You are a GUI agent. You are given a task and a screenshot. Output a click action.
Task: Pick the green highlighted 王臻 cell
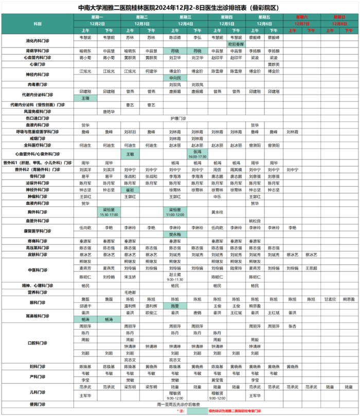tap(85, 98)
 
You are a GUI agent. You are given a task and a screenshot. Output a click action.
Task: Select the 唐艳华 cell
tap(109, 111)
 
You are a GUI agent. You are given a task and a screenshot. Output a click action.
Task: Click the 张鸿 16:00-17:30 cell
tap(200, 154)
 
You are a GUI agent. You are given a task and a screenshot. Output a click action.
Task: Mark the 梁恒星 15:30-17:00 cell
tap(109, 212)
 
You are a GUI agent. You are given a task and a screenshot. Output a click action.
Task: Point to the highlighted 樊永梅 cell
tap(175, 234)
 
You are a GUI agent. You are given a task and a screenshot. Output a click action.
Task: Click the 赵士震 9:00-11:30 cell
tap(175, 277)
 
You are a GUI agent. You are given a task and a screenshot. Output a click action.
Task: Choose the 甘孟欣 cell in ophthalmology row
tap(329, 299)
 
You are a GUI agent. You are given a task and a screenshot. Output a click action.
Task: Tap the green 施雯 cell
tap(175, 305)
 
